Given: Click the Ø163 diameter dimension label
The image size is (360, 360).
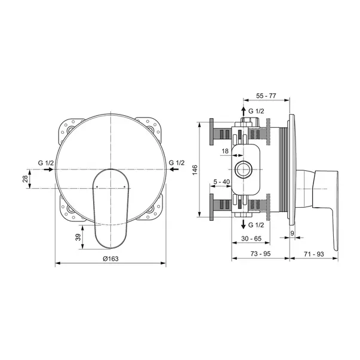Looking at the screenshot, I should (110, 258).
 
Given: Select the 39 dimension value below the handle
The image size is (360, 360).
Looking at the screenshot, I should (79, 237).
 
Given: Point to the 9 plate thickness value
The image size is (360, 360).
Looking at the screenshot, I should (293, 233).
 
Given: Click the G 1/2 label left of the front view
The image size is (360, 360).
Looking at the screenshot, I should (45, 162).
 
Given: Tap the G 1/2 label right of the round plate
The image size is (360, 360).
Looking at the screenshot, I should (177, 162).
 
